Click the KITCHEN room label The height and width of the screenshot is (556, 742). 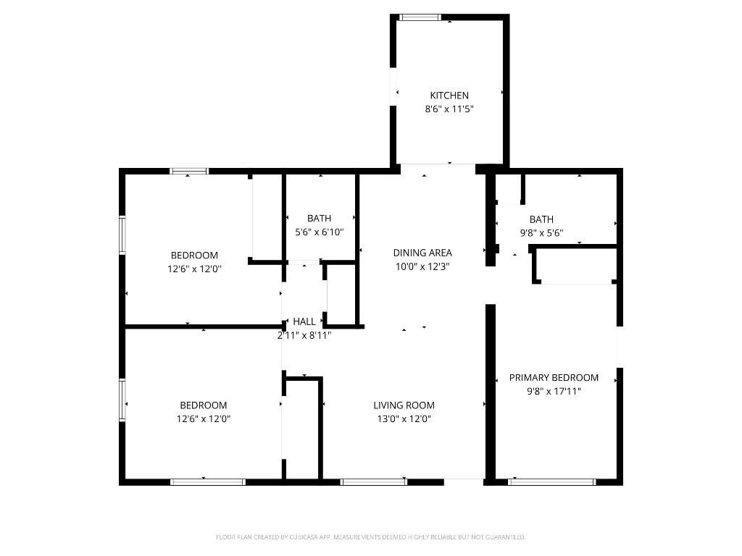pyautogui.click(x=449, y=96)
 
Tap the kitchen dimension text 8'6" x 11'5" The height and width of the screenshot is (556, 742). pyautogui.click(x=449, y=109)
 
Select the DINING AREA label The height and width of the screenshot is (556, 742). pyautogui.click(x=422, y=253)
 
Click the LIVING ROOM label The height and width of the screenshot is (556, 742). pyautogui.click(x=404, y=405)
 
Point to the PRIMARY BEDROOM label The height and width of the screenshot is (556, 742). pyautogui.click(x=554, y=378)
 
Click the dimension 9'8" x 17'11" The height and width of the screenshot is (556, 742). pyautogui.click(x=554, y=392)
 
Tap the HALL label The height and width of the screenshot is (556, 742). pyautogui.click(x=304, y=321)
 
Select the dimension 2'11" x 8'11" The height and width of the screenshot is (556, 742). pyautogui.click(x=304, y=335)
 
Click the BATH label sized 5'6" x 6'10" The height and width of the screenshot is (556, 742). pyautogui.click(x=319, y=219)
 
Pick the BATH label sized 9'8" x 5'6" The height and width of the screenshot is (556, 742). pyautogui.click(x=541, y=219)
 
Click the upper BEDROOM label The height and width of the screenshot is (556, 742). pyautogui.click(x=194, y=256)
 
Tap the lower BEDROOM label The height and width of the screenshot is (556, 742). pyautogui.click(x=203, y=405)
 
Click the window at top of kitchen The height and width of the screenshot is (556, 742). pyautogui.click(x=420, y=17)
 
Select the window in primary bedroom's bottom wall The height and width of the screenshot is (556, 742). pyautogui.click(x=552, y=481)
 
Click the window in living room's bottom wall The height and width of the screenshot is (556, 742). pyautogui.click(x=374, y=481)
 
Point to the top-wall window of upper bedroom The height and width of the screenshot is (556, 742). pyautogui.click(x=189, y=172)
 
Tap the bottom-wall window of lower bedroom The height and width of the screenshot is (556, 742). pyautogui.click(x=208, y=481)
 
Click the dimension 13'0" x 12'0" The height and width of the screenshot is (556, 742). pyautogui.click(x=404, y=419)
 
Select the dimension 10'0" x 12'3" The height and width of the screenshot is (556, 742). pyautogui.click(x=422, y=266)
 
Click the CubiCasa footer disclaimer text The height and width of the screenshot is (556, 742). pyautogui.click(x=370, y=537)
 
